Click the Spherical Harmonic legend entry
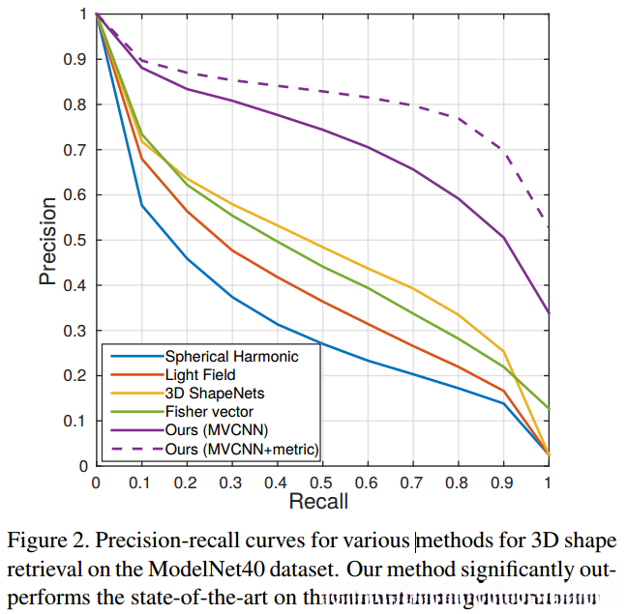(231, 356)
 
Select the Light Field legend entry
(200, 374)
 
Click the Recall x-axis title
(318, 501)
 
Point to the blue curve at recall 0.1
(142, 205)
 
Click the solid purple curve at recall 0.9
(503, 237)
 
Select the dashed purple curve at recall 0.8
(458, 118)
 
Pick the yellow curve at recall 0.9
(503, 351)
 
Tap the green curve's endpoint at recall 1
(549, 409)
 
